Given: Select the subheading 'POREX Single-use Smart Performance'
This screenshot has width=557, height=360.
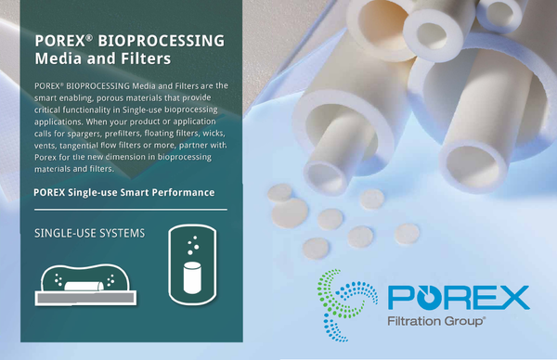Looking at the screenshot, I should (x=123, y=192).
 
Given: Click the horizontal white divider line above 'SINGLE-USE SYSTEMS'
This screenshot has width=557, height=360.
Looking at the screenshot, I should (x=129, y=210).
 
